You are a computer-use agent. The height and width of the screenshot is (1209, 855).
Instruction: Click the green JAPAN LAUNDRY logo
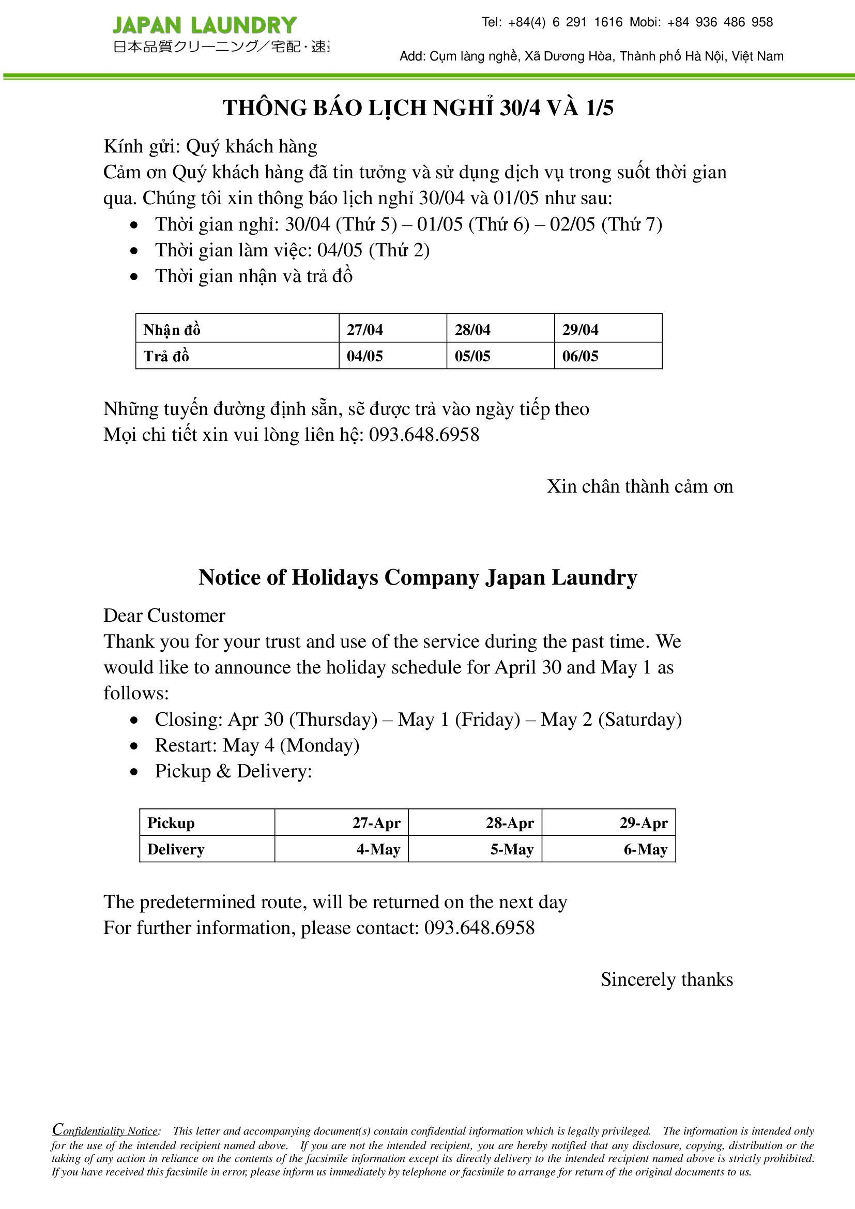point(204,25)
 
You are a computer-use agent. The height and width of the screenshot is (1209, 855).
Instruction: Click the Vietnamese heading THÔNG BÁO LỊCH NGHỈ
point(418,108)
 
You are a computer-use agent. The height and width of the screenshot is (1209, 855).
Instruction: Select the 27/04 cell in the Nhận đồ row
point(365,330)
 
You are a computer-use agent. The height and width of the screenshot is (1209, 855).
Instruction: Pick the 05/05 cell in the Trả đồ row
point(472,356)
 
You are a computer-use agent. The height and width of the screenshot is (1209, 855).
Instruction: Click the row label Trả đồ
point(166,356)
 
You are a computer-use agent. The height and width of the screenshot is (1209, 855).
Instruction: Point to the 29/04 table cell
point(580,330)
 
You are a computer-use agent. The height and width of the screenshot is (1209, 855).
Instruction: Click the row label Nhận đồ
point(172,330)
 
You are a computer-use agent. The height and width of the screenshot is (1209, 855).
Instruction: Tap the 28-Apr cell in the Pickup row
point(510,822)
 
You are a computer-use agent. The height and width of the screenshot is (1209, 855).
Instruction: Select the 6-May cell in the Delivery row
point(646,849)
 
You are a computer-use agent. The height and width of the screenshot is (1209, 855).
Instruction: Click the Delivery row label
point(175,849)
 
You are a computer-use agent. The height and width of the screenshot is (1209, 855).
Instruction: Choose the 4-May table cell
point(378,849)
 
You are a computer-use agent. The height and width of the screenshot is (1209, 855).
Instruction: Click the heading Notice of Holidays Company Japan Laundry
point(418,577)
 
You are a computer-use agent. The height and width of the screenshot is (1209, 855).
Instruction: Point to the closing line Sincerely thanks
point(666,979)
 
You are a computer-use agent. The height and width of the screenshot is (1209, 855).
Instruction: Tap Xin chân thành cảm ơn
point(639,486)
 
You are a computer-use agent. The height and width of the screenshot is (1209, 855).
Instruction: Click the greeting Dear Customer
point(164,616)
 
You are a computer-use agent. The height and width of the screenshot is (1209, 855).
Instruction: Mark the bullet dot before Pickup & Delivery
point(135,772)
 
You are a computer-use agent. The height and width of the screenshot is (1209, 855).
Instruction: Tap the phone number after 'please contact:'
point(479,927)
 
